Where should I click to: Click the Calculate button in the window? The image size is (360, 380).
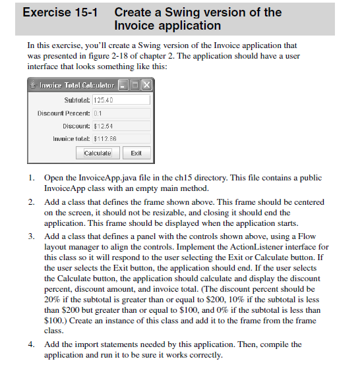pyautogui.click(x=98, y=153)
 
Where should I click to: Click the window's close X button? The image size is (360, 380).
pyautogui.click(x=146, y=86)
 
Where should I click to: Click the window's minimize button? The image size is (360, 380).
pyautogui.click(x=123, y=86)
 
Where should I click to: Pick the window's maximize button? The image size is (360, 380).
pyautogui.click(x=135, y=86)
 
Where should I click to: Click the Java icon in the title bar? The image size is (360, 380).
pyautogui.click(x=33, y=86)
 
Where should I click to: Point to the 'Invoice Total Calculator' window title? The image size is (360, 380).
pyautogui.click(x=76, y=86)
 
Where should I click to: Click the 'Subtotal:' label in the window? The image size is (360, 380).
pyautogui.click(x=77, y=100)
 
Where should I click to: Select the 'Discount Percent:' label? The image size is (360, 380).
pyautogui.click(x=64, y=113)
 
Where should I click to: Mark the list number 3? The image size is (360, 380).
pyautogui.click(x=31, y=236)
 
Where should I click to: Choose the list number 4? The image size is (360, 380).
pyautogui.click(x=31, y=344)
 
